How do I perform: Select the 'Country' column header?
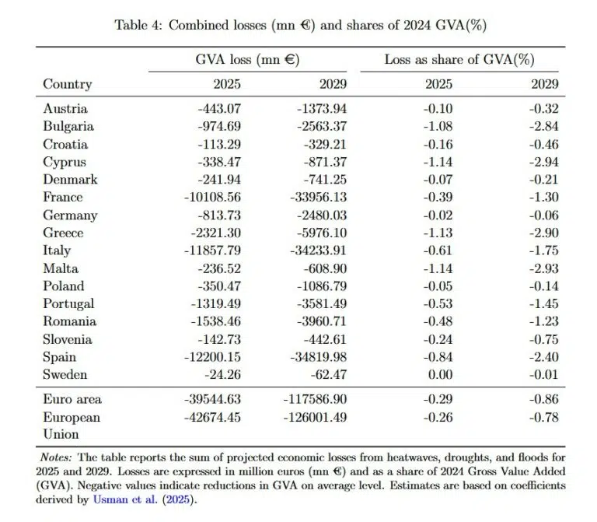67,84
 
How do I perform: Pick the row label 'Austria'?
65,109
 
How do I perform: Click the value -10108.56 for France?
212,198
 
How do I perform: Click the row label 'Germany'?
70,215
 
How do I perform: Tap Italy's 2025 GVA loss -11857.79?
212,250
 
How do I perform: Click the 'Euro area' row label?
72,400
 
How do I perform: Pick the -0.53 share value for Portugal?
426,304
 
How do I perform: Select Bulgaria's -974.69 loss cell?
218,126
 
